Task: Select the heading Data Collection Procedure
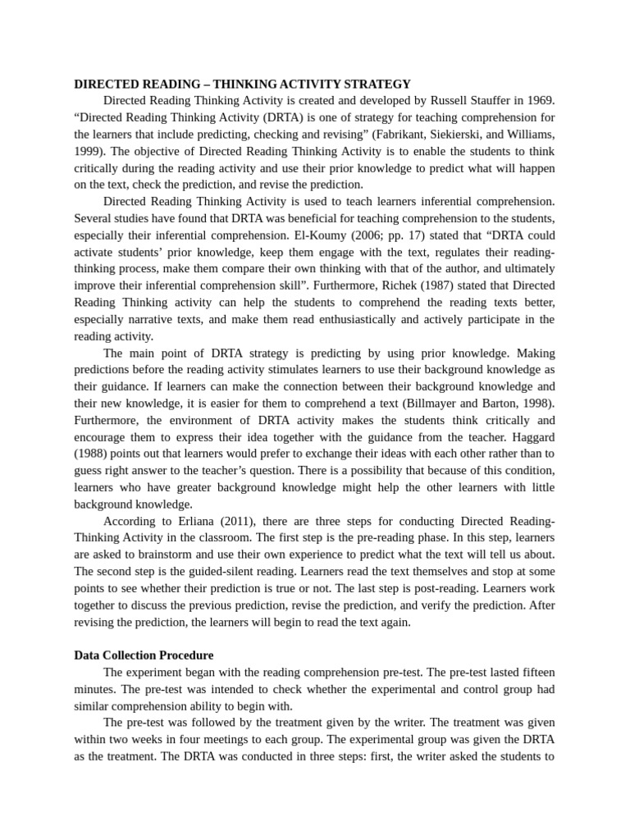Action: coord(144,655)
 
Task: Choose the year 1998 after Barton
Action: coord(537,403)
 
